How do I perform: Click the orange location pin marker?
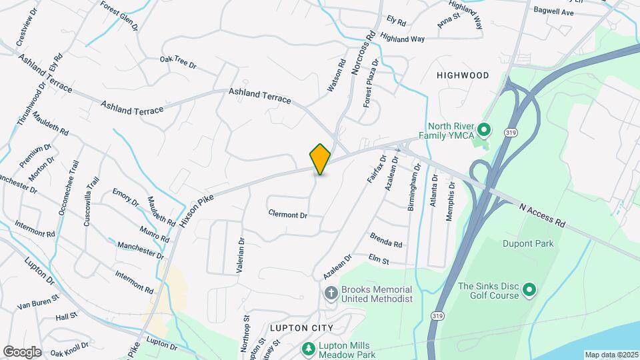click(321, 159)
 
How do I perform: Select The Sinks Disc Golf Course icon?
click(529, 289)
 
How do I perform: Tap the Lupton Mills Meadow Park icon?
click(308, 349)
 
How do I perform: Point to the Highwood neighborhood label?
click(463, 75)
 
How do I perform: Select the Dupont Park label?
click(529, 243)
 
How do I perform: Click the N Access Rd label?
click(542, 215)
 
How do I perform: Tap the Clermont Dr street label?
click(287, 215)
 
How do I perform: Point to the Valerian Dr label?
click(241, 254)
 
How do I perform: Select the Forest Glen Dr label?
click(119, 14)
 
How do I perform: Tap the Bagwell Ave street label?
click(553, 12)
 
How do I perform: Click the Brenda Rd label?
click(386, 240)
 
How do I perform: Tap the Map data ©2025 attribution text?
click(612, 355)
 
